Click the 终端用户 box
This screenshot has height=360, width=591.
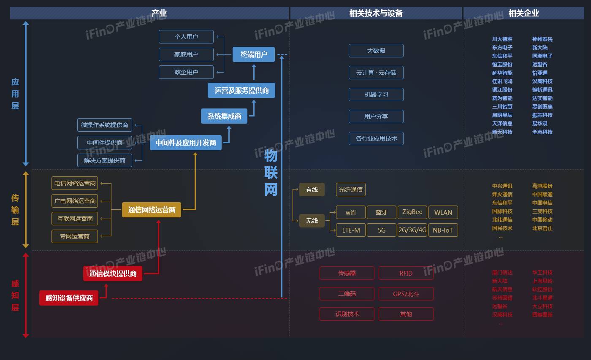point(254,54)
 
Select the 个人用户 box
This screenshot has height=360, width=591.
point(186,37)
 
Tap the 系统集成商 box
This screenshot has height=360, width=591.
point(224,116)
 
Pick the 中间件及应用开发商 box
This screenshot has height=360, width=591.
point(186,143)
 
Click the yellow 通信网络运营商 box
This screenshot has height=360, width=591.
point(152,210)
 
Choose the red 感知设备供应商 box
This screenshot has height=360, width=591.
point(69,298)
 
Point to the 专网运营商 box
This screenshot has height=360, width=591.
point(75,236)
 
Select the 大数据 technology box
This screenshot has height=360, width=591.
point(376,51)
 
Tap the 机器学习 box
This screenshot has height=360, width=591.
point(376,95)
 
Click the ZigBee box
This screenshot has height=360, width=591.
point(412,212)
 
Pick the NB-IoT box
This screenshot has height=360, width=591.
point(443,230)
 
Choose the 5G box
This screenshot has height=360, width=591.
point(381,230)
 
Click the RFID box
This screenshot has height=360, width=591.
point(406,273)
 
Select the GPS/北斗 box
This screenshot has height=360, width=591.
point(406,294)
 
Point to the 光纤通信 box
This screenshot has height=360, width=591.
point(350,189)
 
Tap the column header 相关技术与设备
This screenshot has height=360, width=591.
point(376,13)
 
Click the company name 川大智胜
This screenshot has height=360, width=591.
point(502,39)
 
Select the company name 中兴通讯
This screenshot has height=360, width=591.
point(502,186)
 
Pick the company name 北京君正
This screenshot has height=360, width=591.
point(542,228)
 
